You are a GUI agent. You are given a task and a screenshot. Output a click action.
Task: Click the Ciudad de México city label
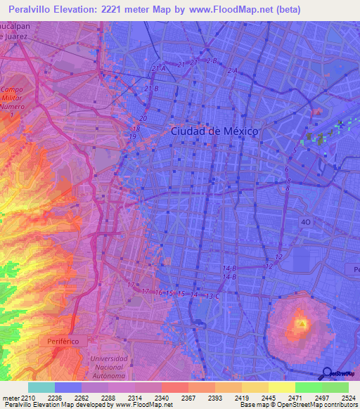pyautogui.click(x=214, y=131)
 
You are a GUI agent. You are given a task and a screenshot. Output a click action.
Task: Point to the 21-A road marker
pyautogui.click(x=158, y=68)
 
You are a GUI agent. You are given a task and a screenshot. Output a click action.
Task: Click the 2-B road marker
pyautogui.click(x=212, y=61)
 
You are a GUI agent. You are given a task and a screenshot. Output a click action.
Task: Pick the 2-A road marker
pyautogui.click(x=233, y=71)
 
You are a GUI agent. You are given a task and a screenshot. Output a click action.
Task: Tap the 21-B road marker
pyautogui.click(x=151, y=89)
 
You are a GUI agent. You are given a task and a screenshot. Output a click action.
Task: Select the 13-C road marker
pyautogui.click(x=212, y=296)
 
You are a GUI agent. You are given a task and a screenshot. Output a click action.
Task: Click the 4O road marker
pyautogui.click(x=305, y=222)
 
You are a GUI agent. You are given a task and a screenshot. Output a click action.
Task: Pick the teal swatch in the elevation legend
pyautogui.click(x=41, y=387)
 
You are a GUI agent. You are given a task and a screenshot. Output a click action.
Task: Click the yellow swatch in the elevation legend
pyautogui.click(x=282, y=387)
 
